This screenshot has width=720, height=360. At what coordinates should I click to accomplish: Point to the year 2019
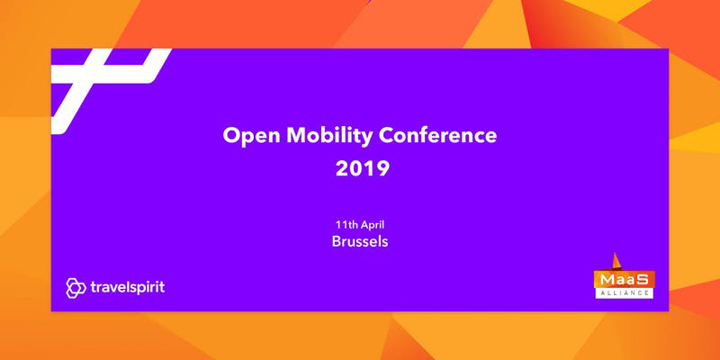(x=363, y=169)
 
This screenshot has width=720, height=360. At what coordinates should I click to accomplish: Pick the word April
(x=373, y=226)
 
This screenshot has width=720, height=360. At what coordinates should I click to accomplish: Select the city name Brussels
(x=359, y=241)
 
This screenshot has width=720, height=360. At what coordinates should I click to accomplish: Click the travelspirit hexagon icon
(x=76, y=288)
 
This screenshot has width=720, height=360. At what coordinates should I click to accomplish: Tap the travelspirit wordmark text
(x=127, y=288)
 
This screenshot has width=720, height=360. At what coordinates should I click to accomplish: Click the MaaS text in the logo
(x=624, y=280)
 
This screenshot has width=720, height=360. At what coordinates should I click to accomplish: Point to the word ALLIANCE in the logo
(x=624, y=292)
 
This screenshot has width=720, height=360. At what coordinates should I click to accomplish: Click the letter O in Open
(x=232, y=136)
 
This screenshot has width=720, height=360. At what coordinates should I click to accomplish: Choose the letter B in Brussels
(x=337, y=241)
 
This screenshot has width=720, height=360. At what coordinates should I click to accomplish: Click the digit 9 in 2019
(x=382, y=169)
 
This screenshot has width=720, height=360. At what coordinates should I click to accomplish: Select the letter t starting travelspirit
(x=94, y=288)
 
